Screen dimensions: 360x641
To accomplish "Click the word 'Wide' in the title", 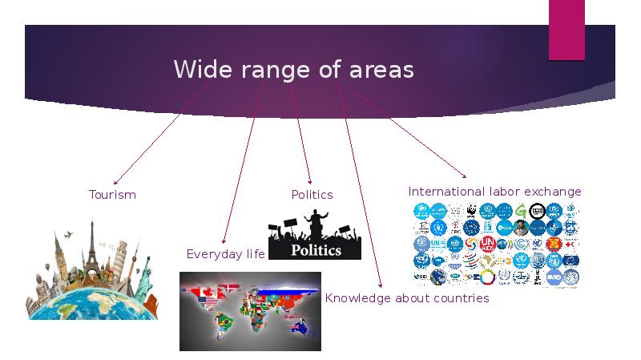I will (x=196, y=71).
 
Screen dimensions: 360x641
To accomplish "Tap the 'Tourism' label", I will (x=112, y=195).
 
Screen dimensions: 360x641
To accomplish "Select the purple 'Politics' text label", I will (x=312, y=195).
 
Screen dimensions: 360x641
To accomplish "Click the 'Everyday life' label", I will (x=225, y=254).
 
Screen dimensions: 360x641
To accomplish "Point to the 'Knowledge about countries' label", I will (x=406, y=298).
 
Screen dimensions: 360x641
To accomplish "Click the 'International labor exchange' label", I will (x=494, y=192).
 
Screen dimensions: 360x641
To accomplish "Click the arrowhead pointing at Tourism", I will (x=115, y=183).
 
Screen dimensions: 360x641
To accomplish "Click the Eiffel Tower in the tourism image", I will (x=91, y=245).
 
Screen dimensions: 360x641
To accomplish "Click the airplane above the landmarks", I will (x=68, y=235).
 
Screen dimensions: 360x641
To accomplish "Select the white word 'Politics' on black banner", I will (x=316, y=249).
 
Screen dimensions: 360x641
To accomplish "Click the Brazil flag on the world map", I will (x=227, y=322).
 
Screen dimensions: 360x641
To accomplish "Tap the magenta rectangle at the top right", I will (x=566, y=30).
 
